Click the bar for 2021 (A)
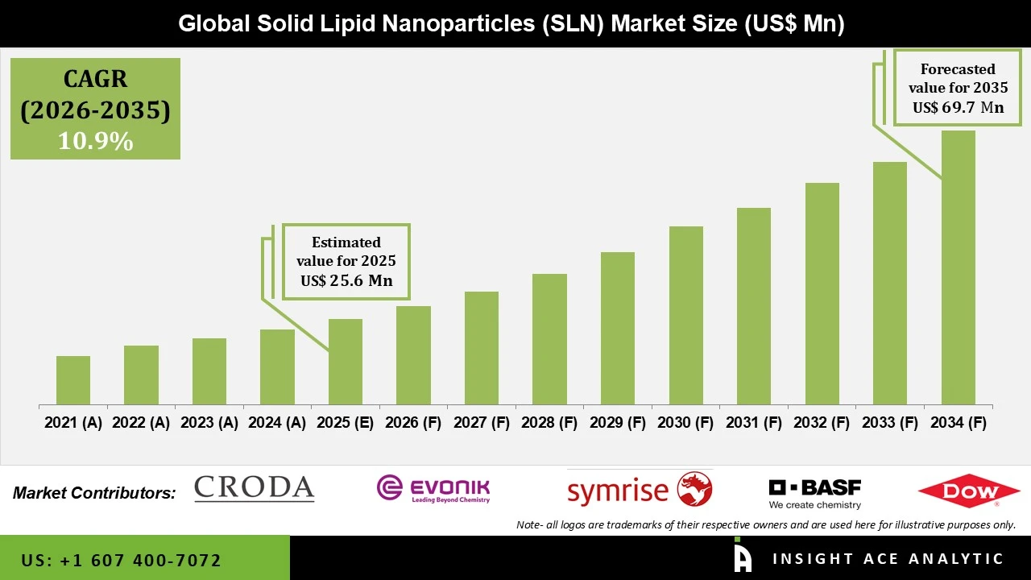[x=73, y=380]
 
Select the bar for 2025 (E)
[x=346, y=362]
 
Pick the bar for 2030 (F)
[x=685, y=315]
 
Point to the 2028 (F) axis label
[x=549, y=423]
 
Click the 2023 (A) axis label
[x=209, y=423]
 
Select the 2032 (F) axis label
[x=822, y=423]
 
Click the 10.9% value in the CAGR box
[x=95, y=142]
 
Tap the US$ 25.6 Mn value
[x=346, y=281]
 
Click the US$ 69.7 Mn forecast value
[x=958, y=107]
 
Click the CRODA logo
[x=255, y=488]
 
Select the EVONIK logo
[x=433, y=488]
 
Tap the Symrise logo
[x=640, y=490]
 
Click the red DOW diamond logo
[x=969, y=491]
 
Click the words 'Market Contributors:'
[x=94, y=493]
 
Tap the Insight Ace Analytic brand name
[x=888, y=559]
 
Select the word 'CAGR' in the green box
[x=95, y=79]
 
